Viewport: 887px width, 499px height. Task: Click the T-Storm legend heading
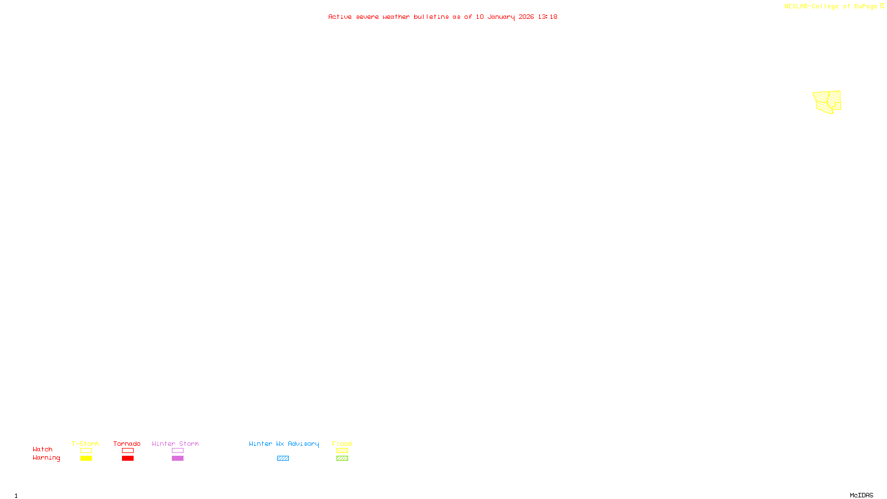(x=85, y=444)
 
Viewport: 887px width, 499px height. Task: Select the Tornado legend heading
(x=127, y=444)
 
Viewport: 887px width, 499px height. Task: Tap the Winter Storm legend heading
(x=175, y=444)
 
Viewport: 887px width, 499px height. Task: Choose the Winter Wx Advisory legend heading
(x=284, y=444)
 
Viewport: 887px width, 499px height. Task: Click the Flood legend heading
(x=342, y=444)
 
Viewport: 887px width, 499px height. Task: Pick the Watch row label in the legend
(x=43, y=449)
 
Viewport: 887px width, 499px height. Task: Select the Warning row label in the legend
(x=46, y=458)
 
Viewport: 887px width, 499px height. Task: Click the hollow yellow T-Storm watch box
(x=86, y=451)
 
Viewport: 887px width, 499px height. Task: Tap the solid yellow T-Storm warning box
(x=86, y=459)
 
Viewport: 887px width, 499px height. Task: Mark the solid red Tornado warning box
(x=128, y=459)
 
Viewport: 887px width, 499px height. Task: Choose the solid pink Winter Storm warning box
(x=177, y=459)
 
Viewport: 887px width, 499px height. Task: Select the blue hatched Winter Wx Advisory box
(x=283, y=459)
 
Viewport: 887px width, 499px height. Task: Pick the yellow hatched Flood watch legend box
(x=342, y=451)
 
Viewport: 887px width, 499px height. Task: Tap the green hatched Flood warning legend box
(x=342, y=459)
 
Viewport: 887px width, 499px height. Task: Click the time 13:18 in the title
(x=547, y=17)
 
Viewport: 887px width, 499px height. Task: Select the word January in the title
(x=501, y=17)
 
